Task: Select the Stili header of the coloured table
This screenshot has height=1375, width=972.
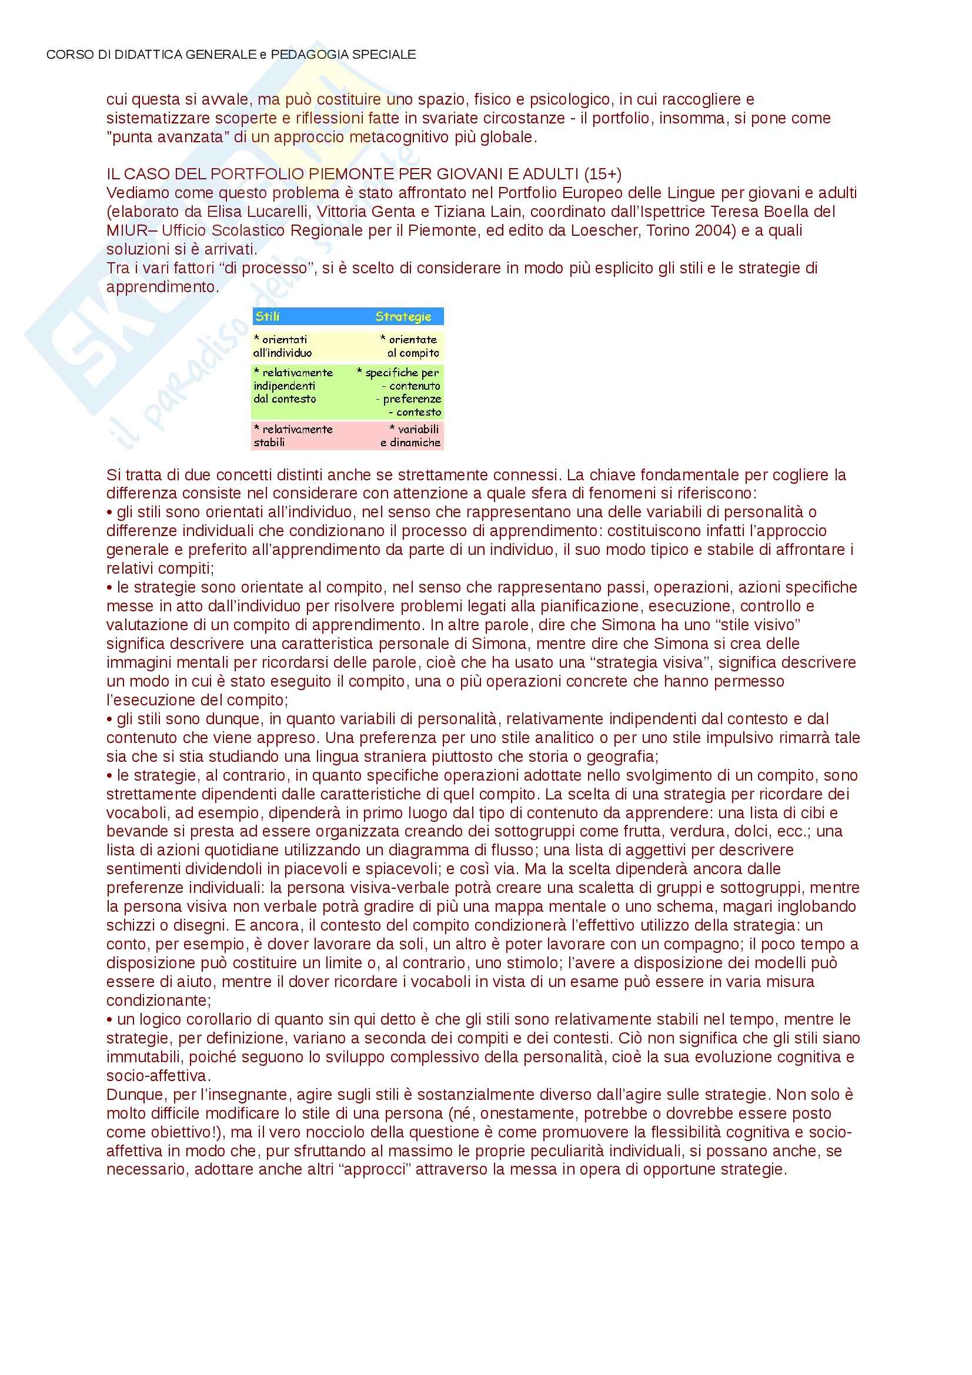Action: coord(267,316)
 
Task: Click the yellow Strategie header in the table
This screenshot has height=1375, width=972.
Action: coord(403,316)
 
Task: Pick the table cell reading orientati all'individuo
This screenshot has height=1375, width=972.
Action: coord(283,346)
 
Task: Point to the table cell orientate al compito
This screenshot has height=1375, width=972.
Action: coord(412,346)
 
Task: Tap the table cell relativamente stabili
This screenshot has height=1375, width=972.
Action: coord(293,436)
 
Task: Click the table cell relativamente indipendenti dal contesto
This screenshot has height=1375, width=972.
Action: coord(293,386)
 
